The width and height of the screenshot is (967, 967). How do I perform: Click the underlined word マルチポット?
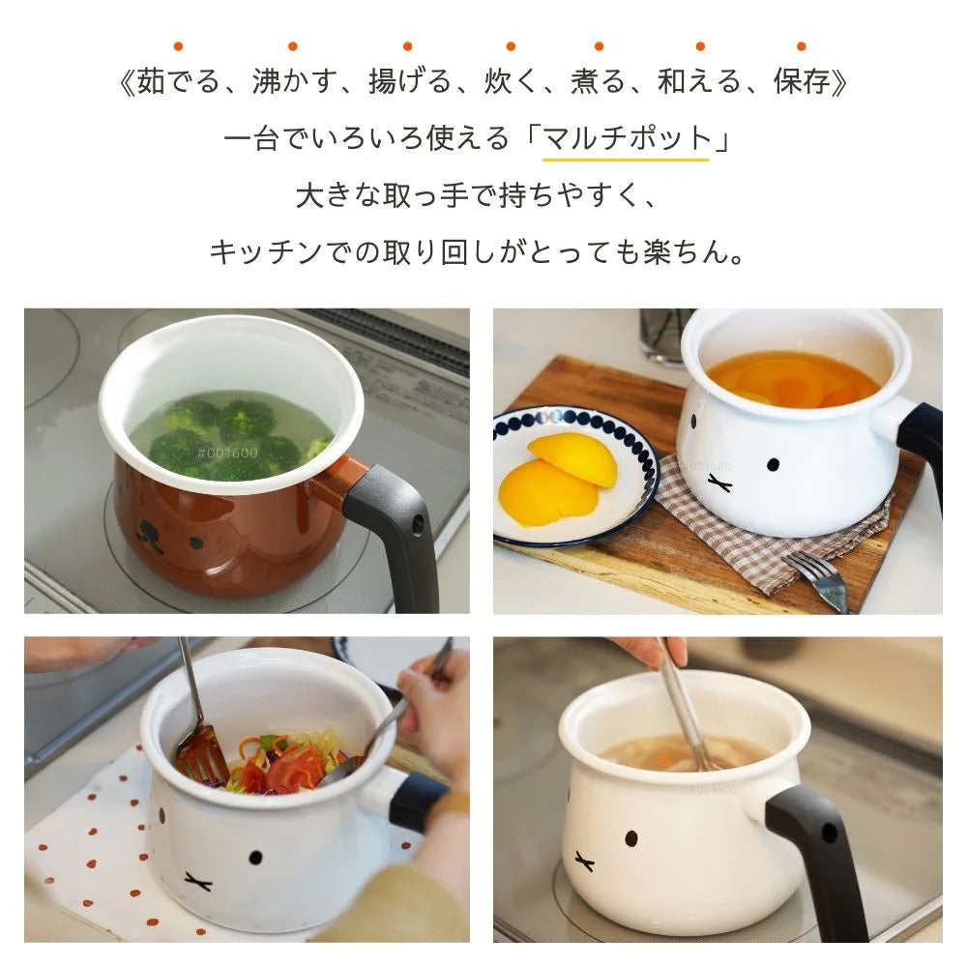[x=627, y=138]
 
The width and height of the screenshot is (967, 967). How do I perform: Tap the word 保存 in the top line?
[x=802, y=82]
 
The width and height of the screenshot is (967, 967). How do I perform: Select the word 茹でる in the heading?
[x=178, y=82]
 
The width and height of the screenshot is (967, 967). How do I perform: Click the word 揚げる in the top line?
[x=410, y=82]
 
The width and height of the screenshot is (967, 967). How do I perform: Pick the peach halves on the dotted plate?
[x=558, y=478]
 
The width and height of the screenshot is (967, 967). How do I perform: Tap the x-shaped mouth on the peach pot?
[x=719, y=483]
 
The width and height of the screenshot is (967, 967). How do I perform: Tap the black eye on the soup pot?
[x=630, y=838]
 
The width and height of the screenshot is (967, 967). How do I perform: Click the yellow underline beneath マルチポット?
[x=626, y=160]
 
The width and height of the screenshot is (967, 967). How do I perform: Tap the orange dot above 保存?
[x=801, y=46]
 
